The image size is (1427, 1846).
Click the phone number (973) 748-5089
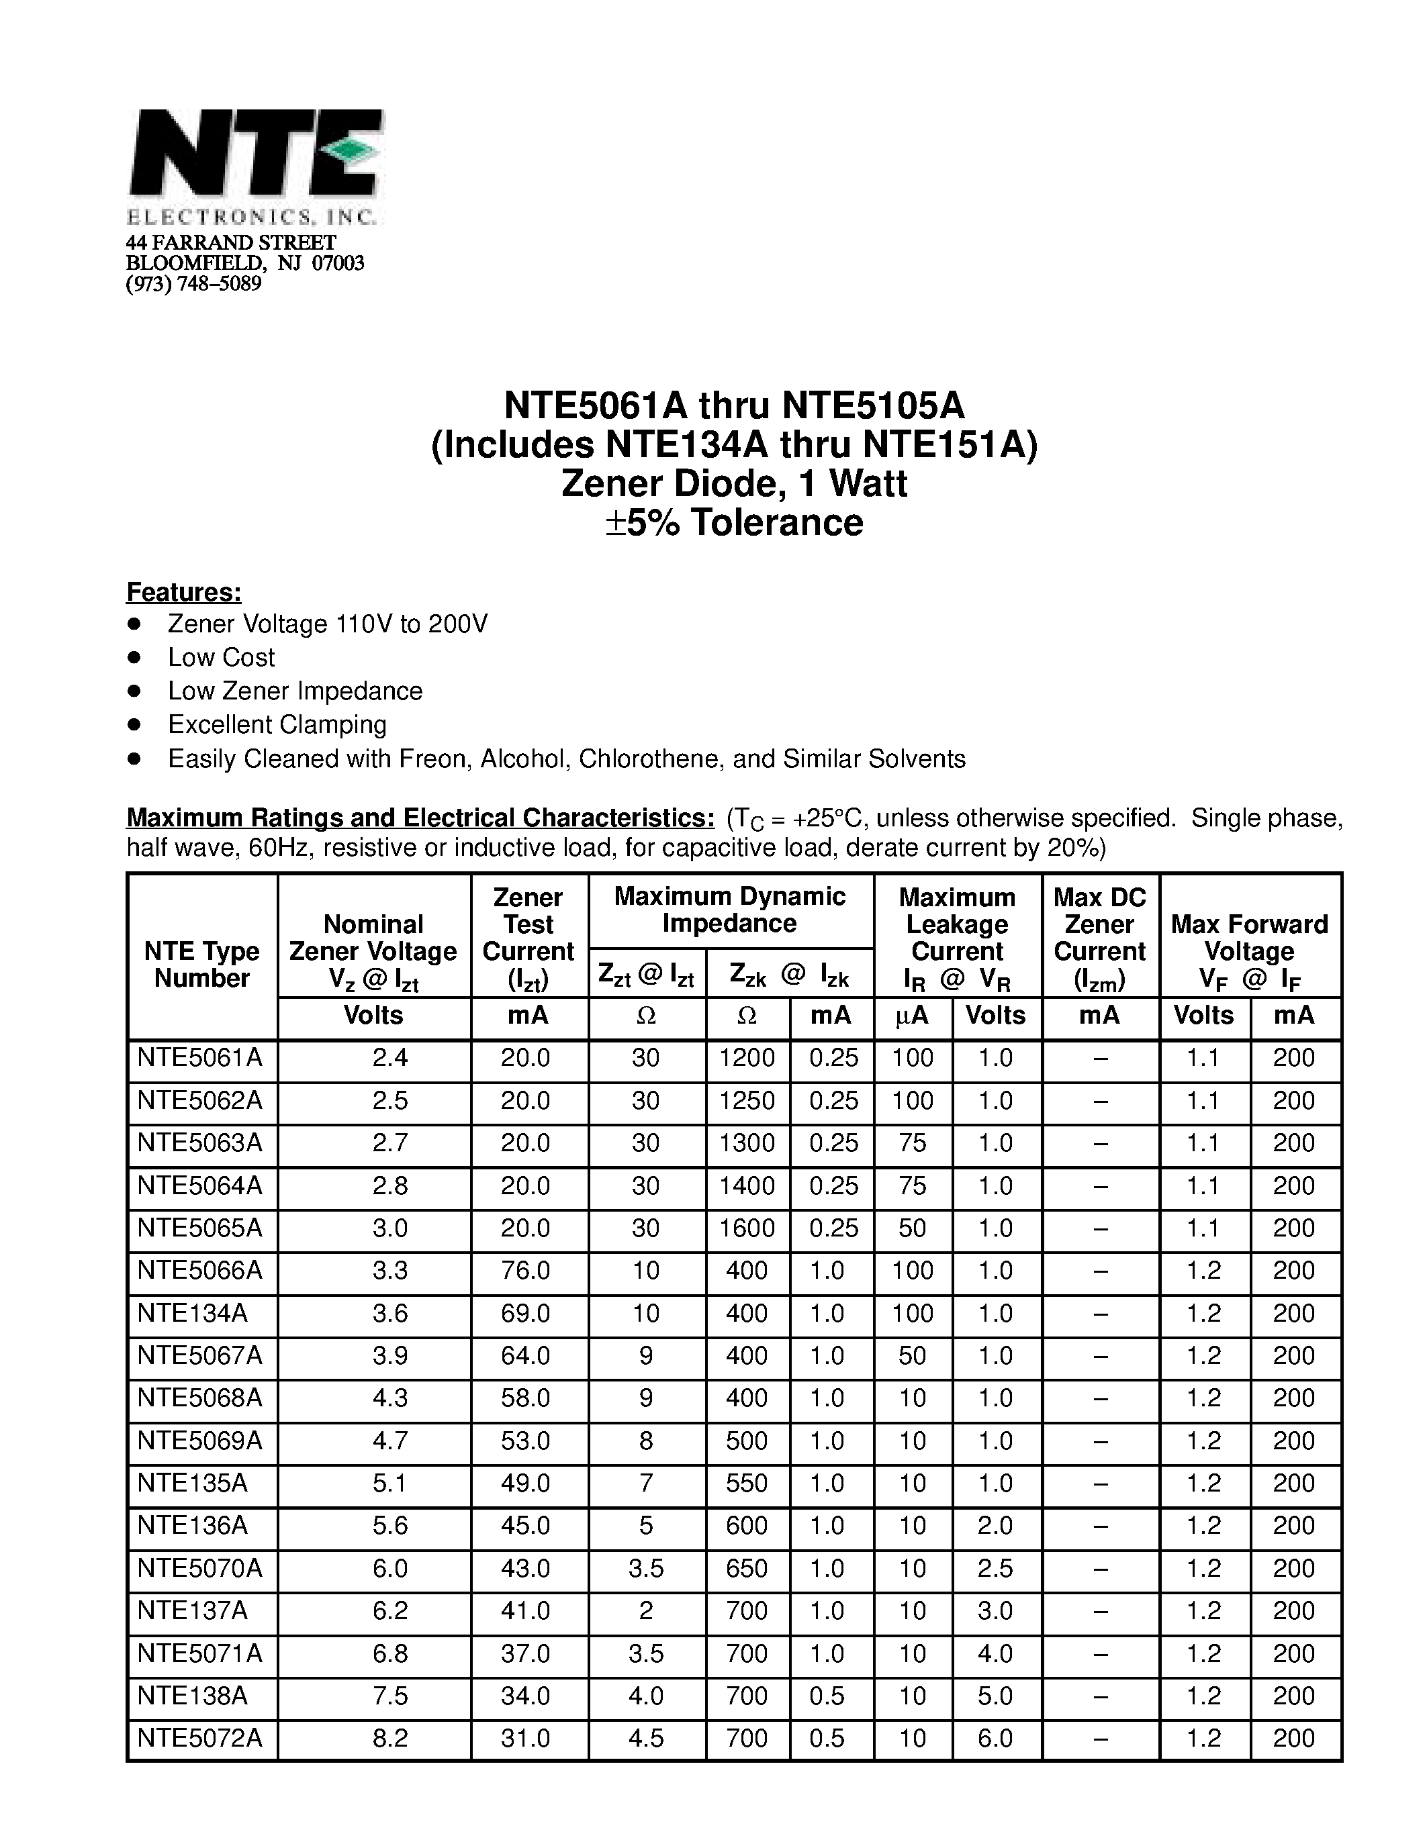(x=193, y=283)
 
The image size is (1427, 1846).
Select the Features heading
(x=183, y=591)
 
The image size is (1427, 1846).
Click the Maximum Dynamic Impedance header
(x=729, y=910)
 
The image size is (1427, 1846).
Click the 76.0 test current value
(x=525, y=1271)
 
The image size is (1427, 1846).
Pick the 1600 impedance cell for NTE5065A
(x=747, y=1228)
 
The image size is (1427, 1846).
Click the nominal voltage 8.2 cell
(x=389, y=1738)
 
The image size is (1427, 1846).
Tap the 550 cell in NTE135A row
(x=747, y=1483)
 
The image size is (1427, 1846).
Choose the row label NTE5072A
(x=199, y=1738)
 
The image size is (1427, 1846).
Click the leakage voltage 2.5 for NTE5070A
(x=995, y=1568)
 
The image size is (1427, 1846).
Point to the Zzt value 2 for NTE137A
(x=646, y=1610)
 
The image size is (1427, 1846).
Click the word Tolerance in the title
(x=776, y=522)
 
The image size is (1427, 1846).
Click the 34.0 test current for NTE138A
(x=525, y=1696)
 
